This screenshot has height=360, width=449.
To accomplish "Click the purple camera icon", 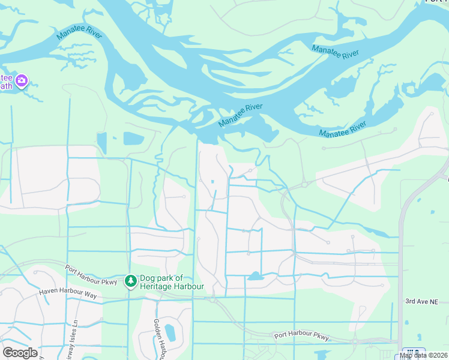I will pos(22,80).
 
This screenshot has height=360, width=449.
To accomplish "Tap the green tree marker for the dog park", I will pos(130,281).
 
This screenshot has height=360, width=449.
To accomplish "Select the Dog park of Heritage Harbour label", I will pos(172,282).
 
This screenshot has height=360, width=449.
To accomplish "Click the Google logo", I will pos(20,352).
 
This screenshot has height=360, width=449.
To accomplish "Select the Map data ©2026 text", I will pos(424,355).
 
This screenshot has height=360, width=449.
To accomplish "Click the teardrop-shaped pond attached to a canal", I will pos(255,277).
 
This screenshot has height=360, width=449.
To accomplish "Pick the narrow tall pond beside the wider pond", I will pos(101,143).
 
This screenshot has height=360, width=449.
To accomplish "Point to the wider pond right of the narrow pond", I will pos(133,139).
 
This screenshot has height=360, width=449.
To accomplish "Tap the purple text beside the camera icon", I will pos(6,82).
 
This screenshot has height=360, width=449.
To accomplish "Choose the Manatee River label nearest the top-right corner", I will pos(335,51).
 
